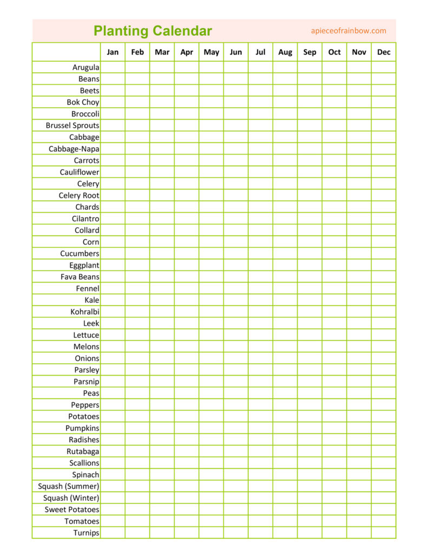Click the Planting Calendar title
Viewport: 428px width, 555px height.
pyautogui.click(x=153, y=31)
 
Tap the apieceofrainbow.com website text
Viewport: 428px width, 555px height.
pyautogui.click(x=348, y=31)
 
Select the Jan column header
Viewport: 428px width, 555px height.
pyautogui.click(x=113, y=52)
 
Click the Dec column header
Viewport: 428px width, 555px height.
pyautogui.click(x=384, y=52)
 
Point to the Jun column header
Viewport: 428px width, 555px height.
pyautogui.click(x=236, y=52)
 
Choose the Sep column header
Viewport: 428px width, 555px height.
pyautogui.click(x=310, y=52)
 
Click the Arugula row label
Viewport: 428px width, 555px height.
pyautogui.click(x=85, y=67)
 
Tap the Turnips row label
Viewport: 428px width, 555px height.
pyautogui.click(x=86, y=533)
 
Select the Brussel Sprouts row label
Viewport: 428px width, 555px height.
pyautogui.click(x=73, y=125)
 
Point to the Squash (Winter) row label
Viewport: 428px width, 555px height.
pyautogui.click(x=71, y=498)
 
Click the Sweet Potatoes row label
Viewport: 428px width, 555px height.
pyautogui.click(x=72, y=509)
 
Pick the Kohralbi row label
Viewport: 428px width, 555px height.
pyautogui.click(x=85, y=312)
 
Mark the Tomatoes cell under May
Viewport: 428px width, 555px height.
pyautogui.click(x=211, y=521)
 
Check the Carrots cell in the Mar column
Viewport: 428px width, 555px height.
pyautogui.click(x=162, y=160)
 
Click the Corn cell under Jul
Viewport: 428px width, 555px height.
pyautogui.click(x=260, y=242)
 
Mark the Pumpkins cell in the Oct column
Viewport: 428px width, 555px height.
pyautogui.click(x=334, y=428)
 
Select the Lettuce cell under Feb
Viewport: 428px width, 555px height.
pyautogui.click(x=137, y=335)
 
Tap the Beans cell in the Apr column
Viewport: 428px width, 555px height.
pyautogui.click(x=187, y=79)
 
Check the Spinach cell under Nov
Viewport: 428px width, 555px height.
pyautogui.click(x=359, y=475)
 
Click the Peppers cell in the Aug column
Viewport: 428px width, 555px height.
pyautogui.click(x=285, y=405)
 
